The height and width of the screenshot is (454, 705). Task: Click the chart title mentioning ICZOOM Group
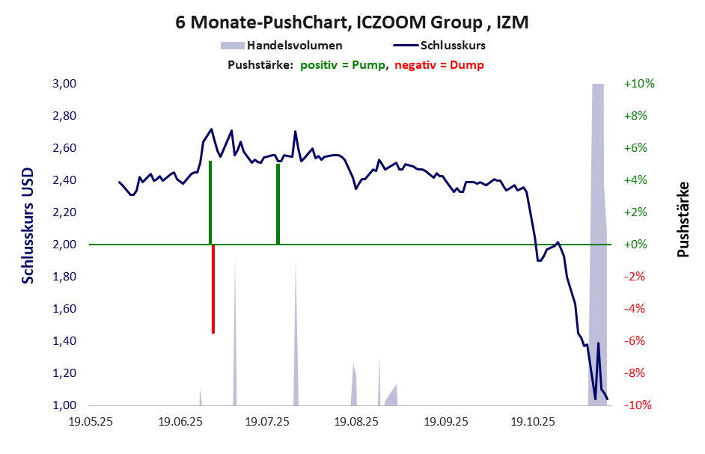(x=352, y=22)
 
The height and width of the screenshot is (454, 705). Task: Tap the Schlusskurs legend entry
(x=459, y=46)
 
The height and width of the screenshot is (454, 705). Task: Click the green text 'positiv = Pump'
(x=344, y=65)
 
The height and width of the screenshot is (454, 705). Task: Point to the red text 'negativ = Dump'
(x=439, y=65)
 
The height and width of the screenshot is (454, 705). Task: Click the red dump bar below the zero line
(x=213, y=289)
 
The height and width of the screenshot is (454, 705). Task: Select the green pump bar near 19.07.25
(x=278, y=203)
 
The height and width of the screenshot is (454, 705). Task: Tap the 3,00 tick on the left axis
(x=64, y=84)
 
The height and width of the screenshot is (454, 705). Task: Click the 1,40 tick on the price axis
(x=64, y=341)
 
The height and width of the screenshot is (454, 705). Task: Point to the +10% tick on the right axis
(x=638, y=84)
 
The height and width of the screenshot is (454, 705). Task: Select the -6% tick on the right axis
(x=635, y=341)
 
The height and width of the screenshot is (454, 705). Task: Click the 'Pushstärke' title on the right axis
(x=683, y=220)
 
